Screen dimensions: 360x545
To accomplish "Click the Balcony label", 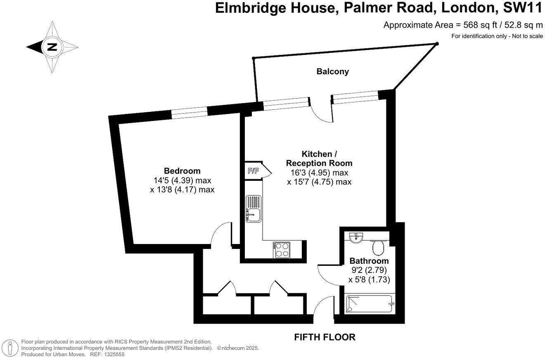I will point(332,71).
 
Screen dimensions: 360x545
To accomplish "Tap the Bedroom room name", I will point(182,171).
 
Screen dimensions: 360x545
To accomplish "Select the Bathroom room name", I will point(369,261).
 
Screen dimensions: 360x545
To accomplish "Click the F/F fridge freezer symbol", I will point(253,171).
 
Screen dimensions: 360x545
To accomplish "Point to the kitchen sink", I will point(253,209).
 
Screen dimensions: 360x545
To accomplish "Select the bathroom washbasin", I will point(355,237).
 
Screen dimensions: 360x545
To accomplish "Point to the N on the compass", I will point(52,46).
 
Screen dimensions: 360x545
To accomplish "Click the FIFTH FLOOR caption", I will point(324,337).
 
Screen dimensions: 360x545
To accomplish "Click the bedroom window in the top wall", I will point(189,112).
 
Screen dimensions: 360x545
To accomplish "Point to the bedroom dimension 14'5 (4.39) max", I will point(182,180).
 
